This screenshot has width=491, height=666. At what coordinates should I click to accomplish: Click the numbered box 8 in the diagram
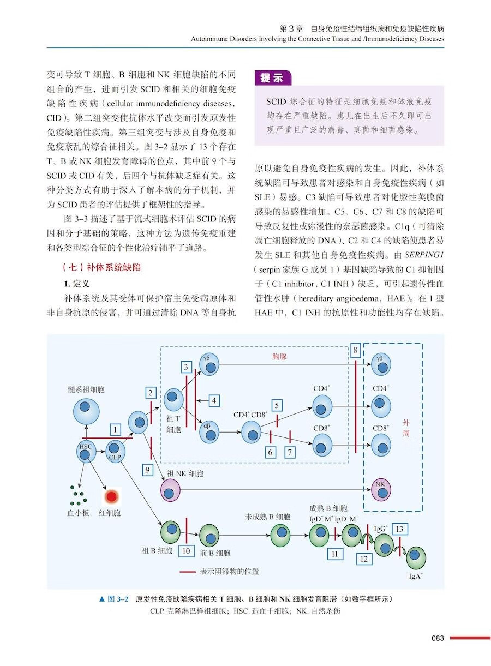pos(355,351)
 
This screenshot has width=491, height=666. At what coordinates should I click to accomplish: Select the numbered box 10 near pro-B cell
pos(186,550)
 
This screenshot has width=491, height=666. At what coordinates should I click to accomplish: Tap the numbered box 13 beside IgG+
pos(400,529)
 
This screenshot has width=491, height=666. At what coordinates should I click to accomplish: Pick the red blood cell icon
pos(111,496)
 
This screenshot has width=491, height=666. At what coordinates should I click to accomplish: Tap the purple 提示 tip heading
pos(272,77)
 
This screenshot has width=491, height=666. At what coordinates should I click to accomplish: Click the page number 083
pos(438,638)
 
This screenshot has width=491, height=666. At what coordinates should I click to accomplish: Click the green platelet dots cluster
pos(78,495)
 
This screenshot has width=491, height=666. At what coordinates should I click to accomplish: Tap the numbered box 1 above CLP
pos(115,430)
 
